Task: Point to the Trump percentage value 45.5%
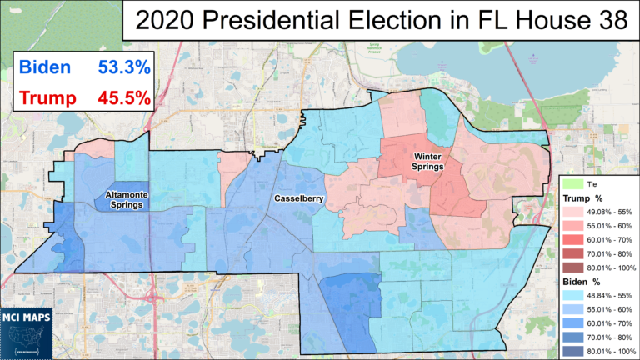coord(122,99)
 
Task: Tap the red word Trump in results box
coord(47,99)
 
